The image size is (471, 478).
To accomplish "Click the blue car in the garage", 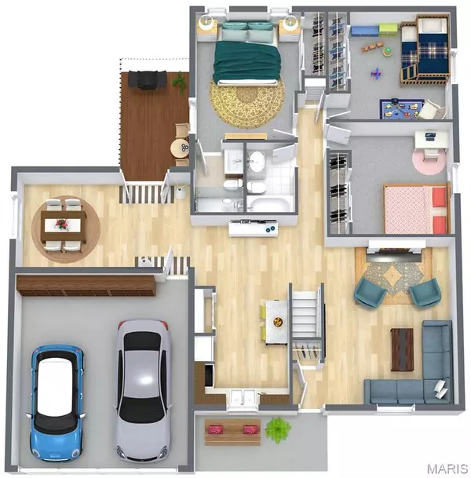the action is click(57, 403).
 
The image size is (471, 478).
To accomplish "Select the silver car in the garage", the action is click(143, 390).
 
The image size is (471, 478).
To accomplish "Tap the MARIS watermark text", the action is click(447, 469).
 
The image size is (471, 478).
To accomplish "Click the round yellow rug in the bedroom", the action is click(247, 101).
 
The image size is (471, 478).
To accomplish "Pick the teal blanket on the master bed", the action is click(247, 61).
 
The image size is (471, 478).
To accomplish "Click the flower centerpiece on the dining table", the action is click(62, 224).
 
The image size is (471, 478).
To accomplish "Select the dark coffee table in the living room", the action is click(402, 349).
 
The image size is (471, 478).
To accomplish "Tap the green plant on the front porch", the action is click(278, 429).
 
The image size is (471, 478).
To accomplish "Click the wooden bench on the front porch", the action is click(232, 432).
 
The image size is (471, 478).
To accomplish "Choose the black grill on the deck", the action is click(148, 79).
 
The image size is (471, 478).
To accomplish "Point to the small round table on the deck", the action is click(180, 148).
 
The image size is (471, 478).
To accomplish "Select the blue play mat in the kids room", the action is click(402, 108).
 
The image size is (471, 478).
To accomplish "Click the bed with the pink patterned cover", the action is click(417, 209).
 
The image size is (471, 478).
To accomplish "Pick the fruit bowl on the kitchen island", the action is click(277, 321).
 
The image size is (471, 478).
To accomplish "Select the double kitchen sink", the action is click(243, 397).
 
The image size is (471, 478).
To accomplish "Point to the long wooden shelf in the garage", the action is click(86, 286).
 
